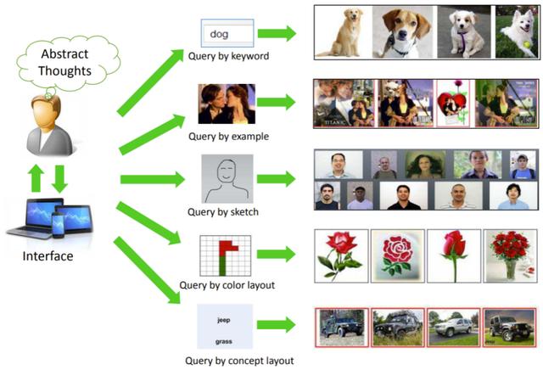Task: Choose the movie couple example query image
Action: coord(227,104)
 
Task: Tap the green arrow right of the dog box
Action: coord(277,34)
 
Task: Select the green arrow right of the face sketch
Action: coord(277,179)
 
